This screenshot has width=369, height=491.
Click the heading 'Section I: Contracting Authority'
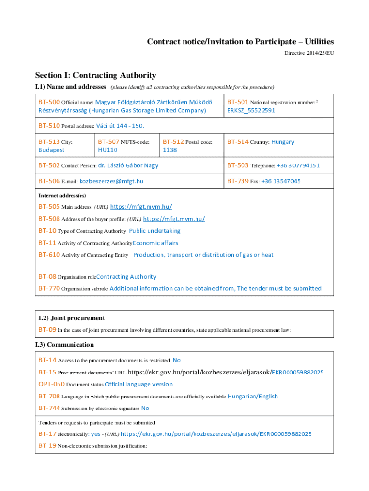[95, 75]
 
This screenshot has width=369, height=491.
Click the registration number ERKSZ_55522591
[251, 110]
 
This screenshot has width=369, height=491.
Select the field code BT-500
[49, 102]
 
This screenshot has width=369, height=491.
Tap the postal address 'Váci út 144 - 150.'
[120, 126]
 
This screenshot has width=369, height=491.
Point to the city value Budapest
[51, 150]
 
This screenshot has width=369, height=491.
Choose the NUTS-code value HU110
[107, 150]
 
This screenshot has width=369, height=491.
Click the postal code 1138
[170, 150]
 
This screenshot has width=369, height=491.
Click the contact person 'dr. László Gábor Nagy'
[128, 165]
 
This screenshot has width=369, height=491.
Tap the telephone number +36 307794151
[298, 165]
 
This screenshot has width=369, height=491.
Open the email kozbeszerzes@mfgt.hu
[111, 181]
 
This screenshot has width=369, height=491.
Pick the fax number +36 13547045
[281, 181]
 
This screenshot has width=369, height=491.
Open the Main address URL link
[141, 207]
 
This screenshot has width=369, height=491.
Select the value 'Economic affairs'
[156, 243]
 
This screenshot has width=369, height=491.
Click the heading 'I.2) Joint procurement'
[71, 318]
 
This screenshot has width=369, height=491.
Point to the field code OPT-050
[51, 384]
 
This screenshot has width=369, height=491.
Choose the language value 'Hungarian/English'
[253, 397]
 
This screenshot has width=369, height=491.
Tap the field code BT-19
[47, 445]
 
